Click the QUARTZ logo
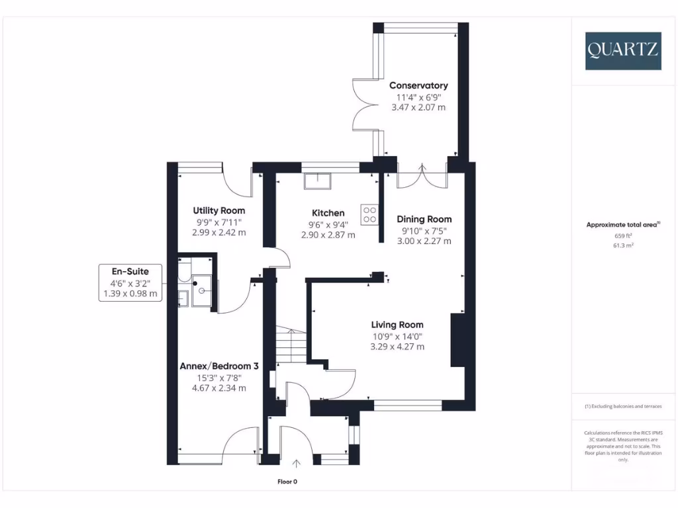[622, 50]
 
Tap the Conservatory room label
[418, 85]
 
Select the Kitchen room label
[328, 213]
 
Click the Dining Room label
[424, 219]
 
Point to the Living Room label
[397, 325]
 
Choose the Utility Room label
[218, 210]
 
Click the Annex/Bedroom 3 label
[219, 366]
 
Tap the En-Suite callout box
[130, 282]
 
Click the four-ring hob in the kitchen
[369, 214]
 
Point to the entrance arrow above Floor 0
[297, 464]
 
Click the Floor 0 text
[291, 482]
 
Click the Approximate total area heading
[622, 225]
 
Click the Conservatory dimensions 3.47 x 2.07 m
[418, 106]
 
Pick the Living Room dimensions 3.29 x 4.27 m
[397, 346]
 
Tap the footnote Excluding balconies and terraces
[622, 406]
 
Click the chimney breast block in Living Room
[458, 340]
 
